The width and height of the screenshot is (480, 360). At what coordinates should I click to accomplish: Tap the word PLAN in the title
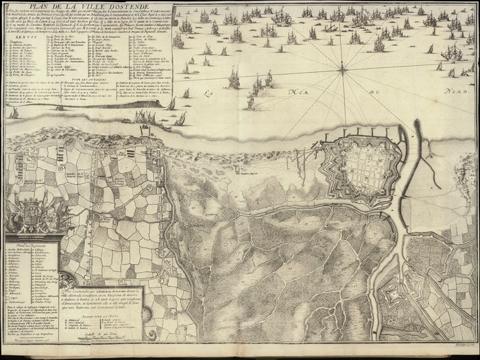click(32, 8)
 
